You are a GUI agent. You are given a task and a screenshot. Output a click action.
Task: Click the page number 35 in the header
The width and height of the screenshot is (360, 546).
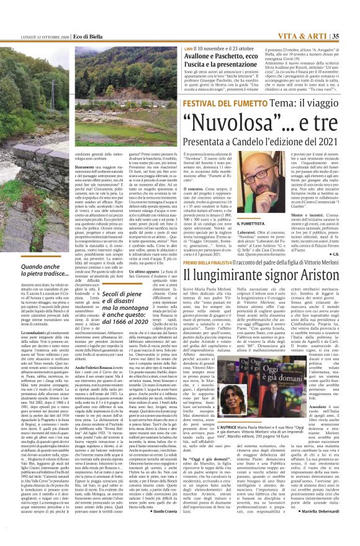pos(351,7)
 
